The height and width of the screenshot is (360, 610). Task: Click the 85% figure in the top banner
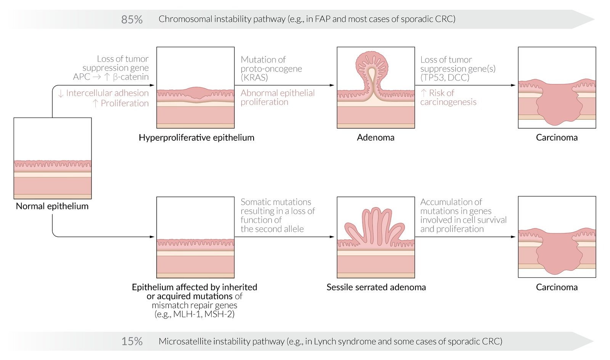click(x=132, y=19)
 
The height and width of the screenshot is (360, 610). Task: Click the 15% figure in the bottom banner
click(x=132, y=341)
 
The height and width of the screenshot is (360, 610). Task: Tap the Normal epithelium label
click(x=52, y=206)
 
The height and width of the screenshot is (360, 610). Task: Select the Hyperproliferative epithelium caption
click(x=196, y=138)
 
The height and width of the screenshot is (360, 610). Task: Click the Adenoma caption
click(x=376, y=138)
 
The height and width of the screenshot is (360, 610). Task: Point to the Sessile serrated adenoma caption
click(x=376, y=287)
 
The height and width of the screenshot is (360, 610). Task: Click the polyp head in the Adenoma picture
click(x=372, y=63)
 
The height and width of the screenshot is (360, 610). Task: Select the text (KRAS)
click(x=254, y=77)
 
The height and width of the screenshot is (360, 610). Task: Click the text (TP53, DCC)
click(x=445, y=77)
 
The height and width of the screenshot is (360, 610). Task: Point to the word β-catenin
click(x=131, y=77)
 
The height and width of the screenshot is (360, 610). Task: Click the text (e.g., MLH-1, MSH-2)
click(x=194, y=314)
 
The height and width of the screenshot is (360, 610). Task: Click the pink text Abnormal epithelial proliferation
click(x=278, y=98)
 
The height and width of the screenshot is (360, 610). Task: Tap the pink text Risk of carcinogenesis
click(x=448, y=98)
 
